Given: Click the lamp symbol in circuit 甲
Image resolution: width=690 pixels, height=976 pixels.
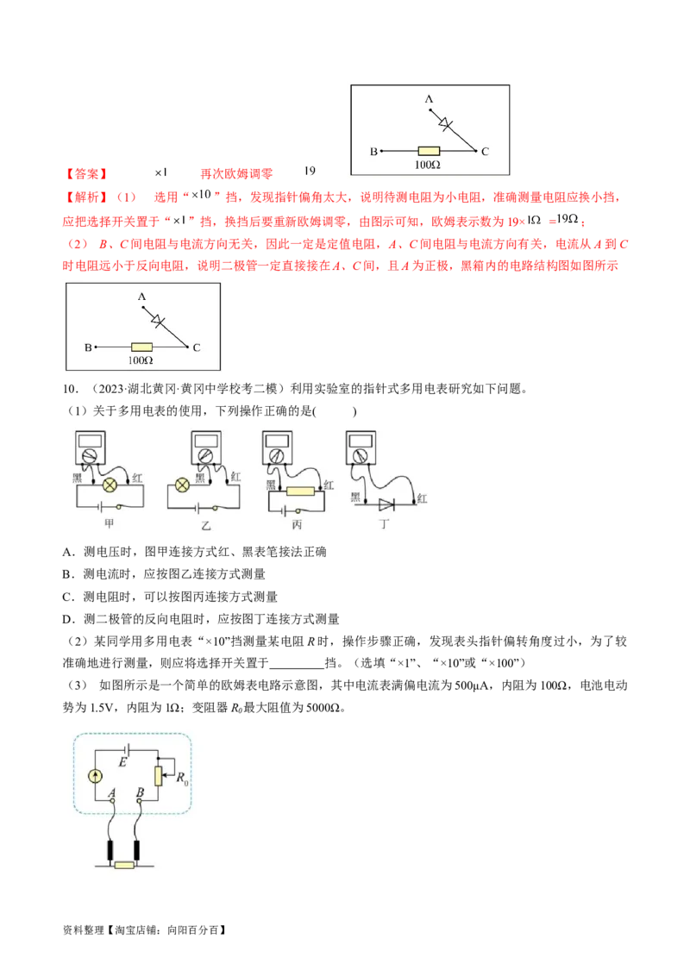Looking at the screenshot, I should (110, 485).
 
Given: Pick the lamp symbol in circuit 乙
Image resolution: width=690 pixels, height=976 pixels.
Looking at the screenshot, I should (182, 485).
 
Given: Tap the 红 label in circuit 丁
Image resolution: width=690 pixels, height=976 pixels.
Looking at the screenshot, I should (422, 497).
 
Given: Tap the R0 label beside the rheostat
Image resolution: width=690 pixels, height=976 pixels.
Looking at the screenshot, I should (181, 780).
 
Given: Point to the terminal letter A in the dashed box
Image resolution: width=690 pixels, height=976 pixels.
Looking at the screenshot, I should (112, 792).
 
